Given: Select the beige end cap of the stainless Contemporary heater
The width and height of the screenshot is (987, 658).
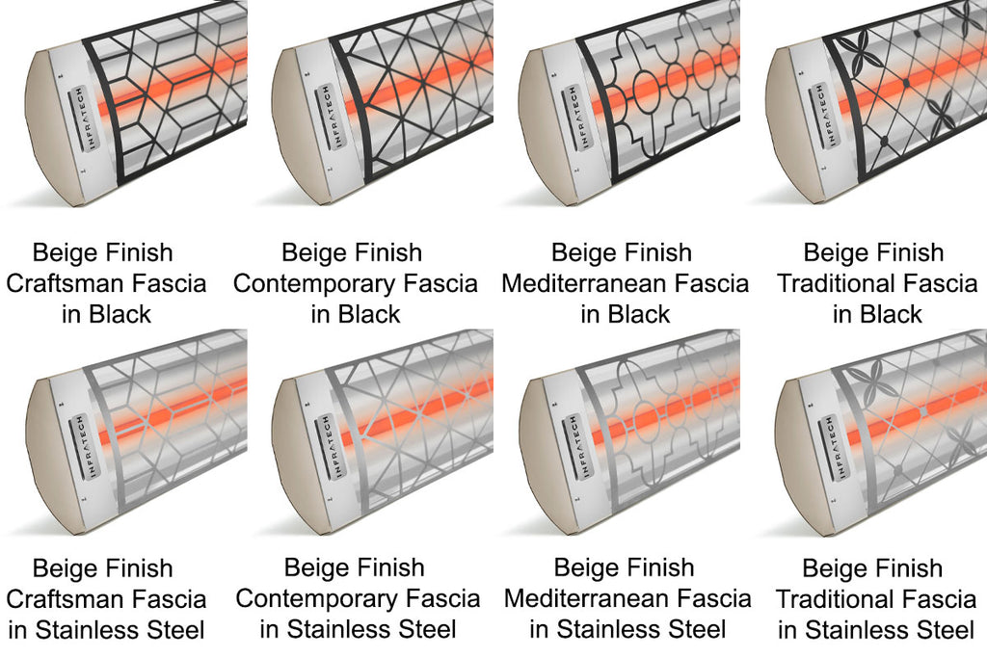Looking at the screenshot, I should point(288,443).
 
